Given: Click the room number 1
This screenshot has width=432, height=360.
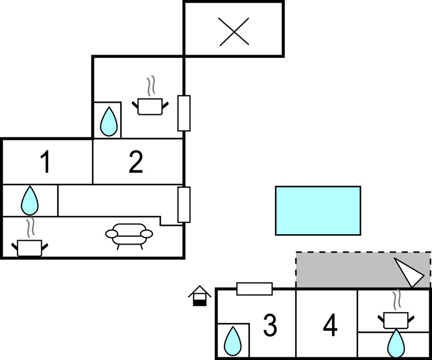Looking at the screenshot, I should [46, 163].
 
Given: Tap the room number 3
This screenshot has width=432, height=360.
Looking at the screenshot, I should [270, 326].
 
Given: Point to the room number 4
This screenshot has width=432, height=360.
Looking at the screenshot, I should [330, 326].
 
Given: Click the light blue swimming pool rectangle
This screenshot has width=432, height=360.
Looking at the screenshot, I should [318, 210].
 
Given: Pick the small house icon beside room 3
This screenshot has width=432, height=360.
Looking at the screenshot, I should [199, 296].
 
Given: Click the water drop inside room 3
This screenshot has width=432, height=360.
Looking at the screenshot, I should [232, 341].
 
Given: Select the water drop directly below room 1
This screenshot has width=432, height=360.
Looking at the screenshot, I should [30, 200].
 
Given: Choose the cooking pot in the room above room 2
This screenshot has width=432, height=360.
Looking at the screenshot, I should [150, 105].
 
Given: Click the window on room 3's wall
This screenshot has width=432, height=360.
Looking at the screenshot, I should [254, 289].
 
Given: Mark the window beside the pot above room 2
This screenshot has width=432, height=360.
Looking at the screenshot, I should [184, 113].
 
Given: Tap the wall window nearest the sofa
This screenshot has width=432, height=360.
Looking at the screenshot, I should [184, 205].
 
